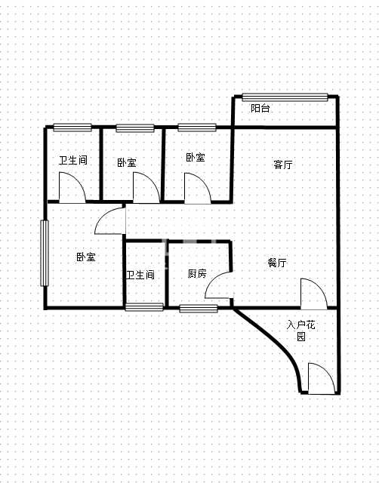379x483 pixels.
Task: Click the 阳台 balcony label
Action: point(260,108)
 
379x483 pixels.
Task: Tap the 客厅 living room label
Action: point(283,165)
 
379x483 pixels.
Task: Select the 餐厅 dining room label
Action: point(277,263)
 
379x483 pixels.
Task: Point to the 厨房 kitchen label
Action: point(197,273)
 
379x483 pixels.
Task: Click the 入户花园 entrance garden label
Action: point(300,331)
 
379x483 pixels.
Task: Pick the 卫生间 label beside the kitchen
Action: point(140,275)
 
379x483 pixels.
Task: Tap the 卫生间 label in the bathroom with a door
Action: point(73,160)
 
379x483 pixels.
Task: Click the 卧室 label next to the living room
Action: point(196,157)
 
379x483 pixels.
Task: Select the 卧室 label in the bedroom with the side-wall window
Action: point(86,257)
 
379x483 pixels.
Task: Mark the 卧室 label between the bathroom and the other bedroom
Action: point(127,162)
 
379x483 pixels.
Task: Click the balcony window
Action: point(285,97)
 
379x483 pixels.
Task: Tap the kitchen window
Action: point(199,309)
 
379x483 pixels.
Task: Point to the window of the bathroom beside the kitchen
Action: point(144,307)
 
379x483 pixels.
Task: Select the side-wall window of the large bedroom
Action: point(45,254)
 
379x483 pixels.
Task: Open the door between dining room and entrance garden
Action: point(313,294)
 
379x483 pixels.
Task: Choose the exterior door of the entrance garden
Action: point(322,378)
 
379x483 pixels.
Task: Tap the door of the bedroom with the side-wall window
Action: point(110,220)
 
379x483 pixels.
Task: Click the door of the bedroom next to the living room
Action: point(198,188)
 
